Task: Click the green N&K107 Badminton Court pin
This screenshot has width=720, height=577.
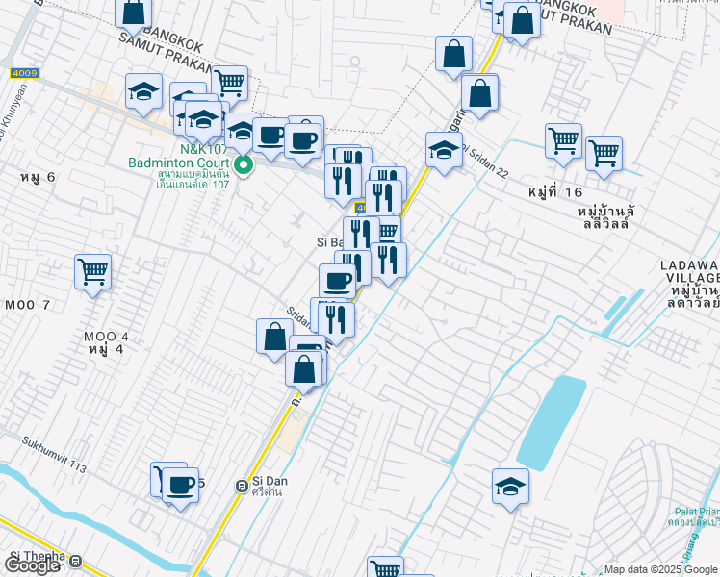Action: click(x=244, y=165)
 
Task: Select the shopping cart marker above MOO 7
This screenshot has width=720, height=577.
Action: click(x=93, y=272)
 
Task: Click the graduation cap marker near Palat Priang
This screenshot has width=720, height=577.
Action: click(x=510, y=487)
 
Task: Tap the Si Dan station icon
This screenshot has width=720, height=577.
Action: click(x=242, y=487)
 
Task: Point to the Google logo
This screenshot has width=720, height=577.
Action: click(x=32, y=565)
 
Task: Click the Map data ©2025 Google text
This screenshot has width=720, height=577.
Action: click(x=661, y=569)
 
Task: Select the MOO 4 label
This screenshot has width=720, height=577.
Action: click(x=105, y=337)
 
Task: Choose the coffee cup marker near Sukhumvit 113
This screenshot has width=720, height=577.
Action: click(x=180, y=484)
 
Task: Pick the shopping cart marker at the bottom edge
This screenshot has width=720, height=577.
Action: click(x=386, y=567)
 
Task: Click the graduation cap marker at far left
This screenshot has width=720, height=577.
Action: click(x=143, y=93)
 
